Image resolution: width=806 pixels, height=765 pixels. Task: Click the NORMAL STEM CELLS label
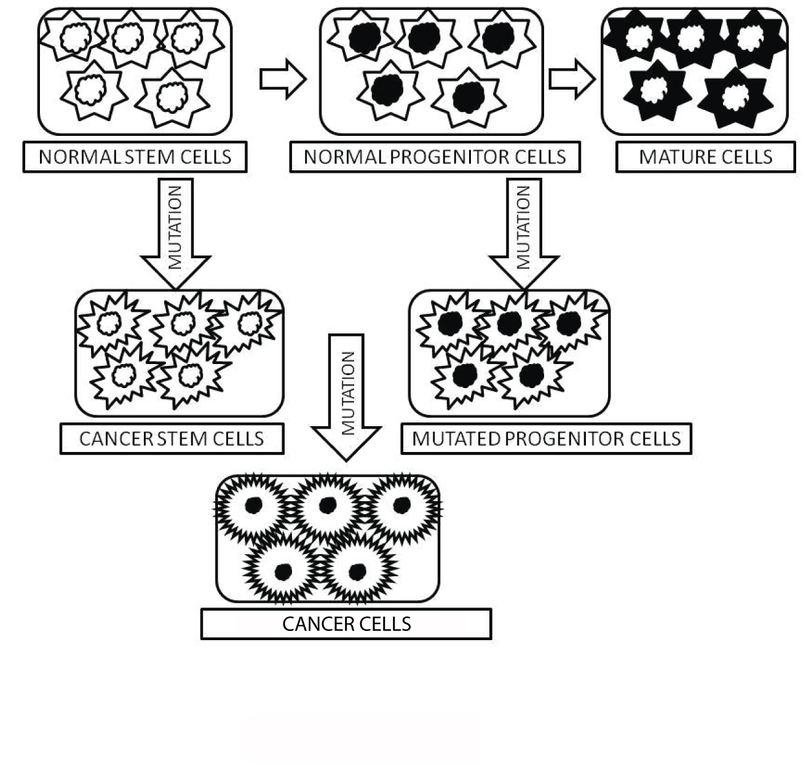coord(135,157)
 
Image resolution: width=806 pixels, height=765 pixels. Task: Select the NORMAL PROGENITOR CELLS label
coord(435,157)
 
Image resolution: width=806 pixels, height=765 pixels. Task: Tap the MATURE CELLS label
coord(705,157)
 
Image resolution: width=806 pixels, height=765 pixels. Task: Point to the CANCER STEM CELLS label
coord(172,439)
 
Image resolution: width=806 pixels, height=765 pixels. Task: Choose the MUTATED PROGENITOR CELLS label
coord(546,439)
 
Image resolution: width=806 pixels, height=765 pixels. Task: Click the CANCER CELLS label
coord(346,624)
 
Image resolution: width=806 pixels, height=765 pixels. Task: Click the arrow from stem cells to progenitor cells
coord(282,79)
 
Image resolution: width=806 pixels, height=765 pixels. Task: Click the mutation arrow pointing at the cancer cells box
coord(347,394)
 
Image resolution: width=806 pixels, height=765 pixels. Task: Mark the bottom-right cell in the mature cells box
coord(734,97)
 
